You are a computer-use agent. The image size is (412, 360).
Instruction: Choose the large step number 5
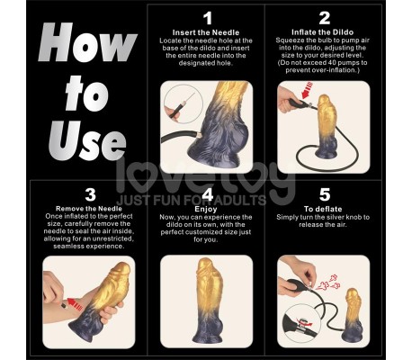tap(325, 193)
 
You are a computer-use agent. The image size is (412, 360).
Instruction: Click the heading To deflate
tap(325, 209)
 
